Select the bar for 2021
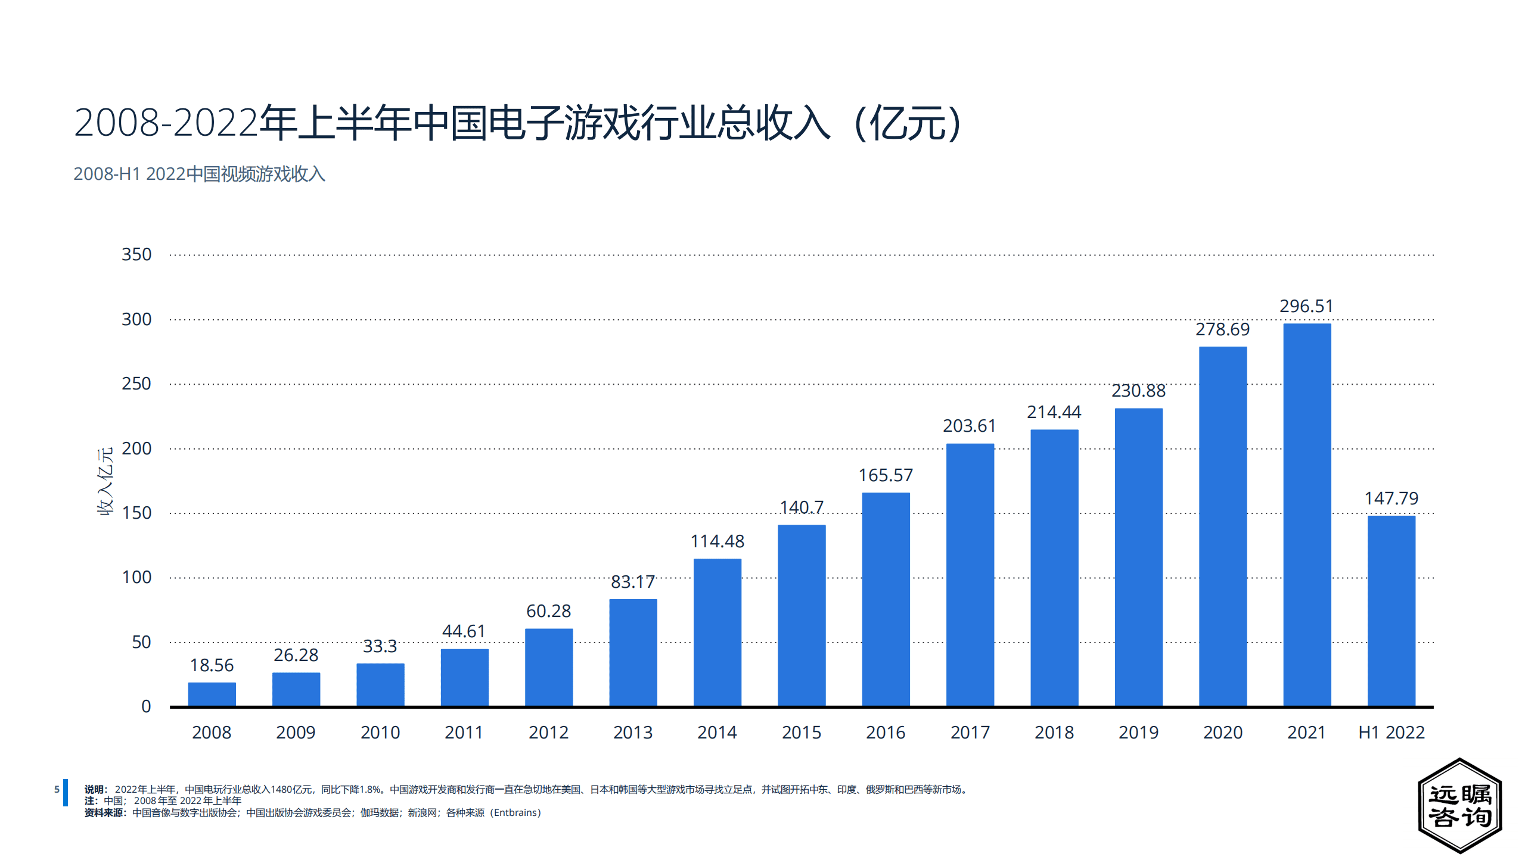(x=1306, y=515)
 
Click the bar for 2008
(x=212, y=694)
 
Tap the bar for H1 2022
(x=1391, y=611)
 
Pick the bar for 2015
(x=801, y=615)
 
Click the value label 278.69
(x=1222, y=329)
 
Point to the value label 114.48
(x=717, y=541)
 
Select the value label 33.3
(x=380, y=646)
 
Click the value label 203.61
(x=969, y=426)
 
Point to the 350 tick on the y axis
(x=136, y=254)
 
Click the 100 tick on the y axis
(x=136, y=577)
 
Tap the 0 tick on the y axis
(x=146, y=706)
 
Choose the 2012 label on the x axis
(x=548, y=733)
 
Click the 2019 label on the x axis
(x=1138, y=733)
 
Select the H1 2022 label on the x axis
(x=1391, y=733)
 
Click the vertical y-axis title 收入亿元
(x=105, y=481)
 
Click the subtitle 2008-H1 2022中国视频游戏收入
(x=199, y=174)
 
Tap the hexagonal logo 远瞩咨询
(x=1459, y=806)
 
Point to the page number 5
(x=57, y=790)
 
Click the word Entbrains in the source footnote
(x=515, y=813)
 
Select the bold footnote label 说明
(x=94, y=790)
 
